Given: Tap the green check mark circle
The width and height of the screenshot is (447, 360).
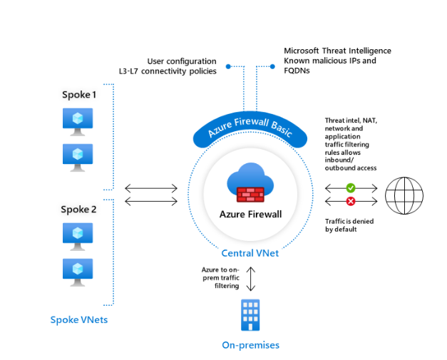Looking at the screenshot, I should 351,188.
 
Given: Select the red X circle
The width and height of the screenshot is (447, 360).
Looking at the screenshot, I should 351,202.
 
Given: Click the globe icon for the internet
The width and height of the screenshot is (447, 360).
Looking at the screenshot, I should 404,195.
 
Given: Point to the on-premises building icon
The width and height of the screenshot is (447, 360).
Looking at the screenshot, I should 250,315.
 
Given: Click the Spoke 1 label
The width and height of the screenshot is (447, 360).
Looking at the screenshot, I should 76,95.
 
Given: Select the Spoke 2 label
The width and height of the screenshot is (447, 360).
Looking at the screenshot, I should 76,209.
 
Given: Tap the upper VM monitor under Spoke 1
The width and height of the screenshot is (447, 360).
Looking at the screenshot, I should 78,120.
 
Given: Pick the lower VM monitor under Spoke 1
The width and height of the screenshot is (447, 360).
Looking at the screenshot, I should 78,155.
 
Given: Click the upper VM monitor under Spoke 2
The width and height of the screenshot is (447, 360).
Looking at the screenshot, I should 78,235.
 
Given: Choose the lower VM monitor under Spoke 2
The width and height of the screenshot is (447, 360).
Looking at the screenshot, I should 78,270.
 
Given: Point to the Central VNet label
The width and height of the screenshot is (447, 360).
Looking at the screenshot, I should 250,253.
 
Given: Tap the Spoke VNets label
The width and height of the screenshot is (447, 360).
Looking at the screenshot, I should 78,319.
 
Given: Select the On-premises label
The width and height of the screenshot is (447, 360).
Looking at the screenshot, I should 250,345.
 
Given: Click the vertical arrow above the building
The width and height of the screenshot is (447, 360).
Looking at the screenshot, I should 251,279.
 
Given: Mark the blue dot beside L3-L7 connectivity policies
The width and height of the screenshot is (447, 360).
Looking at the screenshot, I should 228,66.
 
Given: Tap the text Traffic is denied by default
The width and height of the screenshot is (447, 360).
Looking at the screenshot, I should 349,225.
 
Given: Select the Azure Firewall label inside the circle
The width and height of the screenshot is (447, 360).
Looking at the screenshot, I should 250,215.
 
